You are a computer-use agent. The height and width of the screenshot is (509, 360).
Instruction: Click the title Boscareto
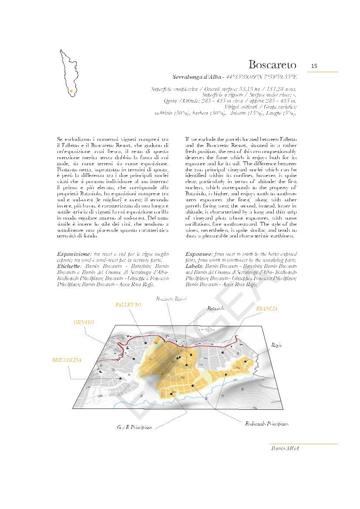coord(272,65)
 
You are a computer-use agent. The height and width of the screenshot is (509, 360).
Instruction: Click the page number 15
coord(314,66)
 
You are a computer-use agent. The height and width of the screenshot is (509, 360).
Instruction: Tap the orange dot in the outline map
coord(71,91)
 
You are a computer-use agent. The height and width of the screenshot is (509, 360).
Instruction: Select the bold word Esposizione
coord(72,253)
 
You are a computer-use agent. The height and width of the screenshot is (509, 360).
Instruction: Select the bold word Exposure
coord(199,253)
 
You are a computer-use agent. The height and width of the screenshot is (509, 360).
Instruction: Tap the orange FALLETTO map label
coord(128,305)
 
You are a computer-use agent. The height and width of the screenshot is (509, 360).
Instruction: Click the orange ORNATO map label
coord(83,322)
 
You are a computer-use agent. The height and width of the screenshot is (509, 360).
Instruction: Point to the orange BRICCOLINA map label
coord(67,360)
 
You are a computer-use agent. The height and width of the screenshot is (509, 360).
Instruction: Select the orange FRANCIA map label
coord(266,309)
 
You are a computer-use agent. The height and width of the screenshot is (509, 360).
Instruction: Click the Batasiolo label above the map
coord(216,308)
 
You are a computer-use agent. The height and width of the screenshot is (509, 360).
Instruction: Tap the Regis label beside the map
coord(277,345)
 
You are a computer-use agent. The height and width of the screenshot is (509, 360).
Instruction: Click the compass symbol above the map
coord(210,329)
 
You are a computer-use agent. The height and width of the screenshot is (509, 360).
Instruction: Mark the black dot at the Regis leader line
coord(246,361)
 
